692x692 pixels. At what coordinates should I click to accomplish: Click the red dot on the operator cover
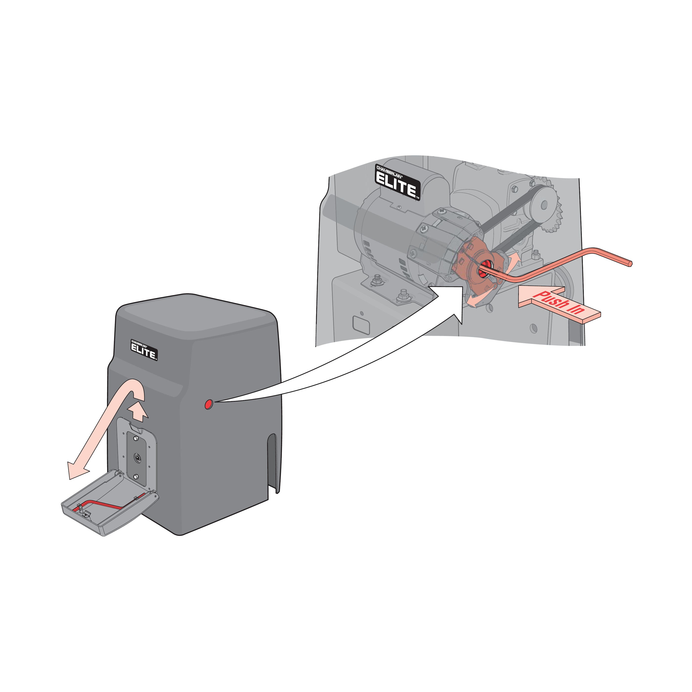(208, 405)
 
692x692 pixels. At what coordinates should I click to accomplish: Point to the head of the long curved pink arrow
(77, 470)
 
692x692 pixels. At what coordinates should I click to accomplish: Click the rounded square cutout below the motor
(361, 325)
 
